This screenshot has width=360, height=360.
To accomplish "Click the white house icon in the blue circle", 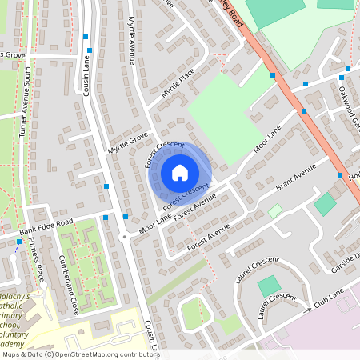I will tap(180, 172).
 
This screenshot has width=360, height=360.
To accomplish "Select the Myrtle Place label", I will tap(178, 82).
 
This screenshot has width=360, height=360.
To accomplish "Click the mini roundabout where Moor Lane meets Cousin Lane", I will tap(124, 237).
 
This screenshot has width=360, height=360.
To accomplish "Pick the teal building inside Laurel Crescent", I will tap(270, 286).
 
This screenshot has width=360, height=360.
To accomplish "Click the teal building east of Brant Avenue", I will tap(325, 204).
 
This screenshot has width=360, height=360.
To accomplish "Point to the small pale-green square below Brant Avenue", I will tap(275, 211).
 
